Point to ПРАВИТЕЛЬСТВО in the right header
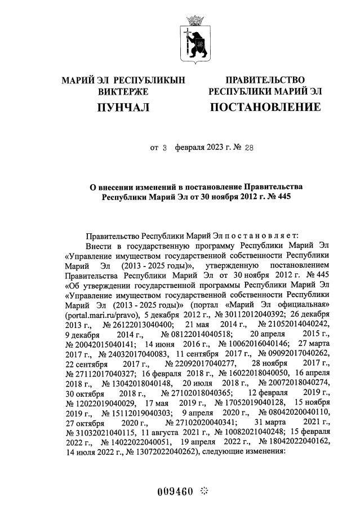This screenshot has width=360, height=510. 265,80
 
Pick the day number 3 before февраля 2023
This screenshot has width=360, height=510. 165,148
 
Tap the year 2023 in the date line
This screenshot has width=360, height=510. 212,148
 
